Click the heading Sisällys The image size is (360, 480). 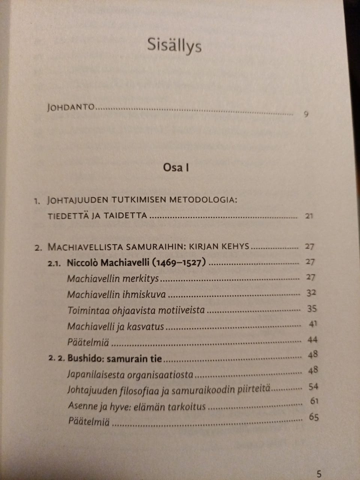(x=174, y=46)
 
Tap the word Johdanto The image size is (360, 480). (x=71, y=107)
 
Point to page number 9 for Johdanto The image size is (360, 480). (x=306, y=115)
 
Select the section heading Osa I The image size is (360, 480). (x=175, y=167)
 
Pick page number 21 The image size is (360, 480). (x=309, y=216)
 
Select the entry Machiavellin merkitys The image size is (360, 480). (x=113, y=279)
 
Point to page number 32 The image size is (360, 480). (x=311, y=293)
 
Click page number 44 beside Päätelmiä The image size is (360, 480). (x=312, y=340)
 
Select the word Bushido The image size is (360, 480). (x=85, y=358)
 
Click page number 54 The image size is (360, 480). (x=313, y=387)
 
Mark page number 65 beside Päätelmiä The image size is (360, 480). (x=313, y=417)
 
